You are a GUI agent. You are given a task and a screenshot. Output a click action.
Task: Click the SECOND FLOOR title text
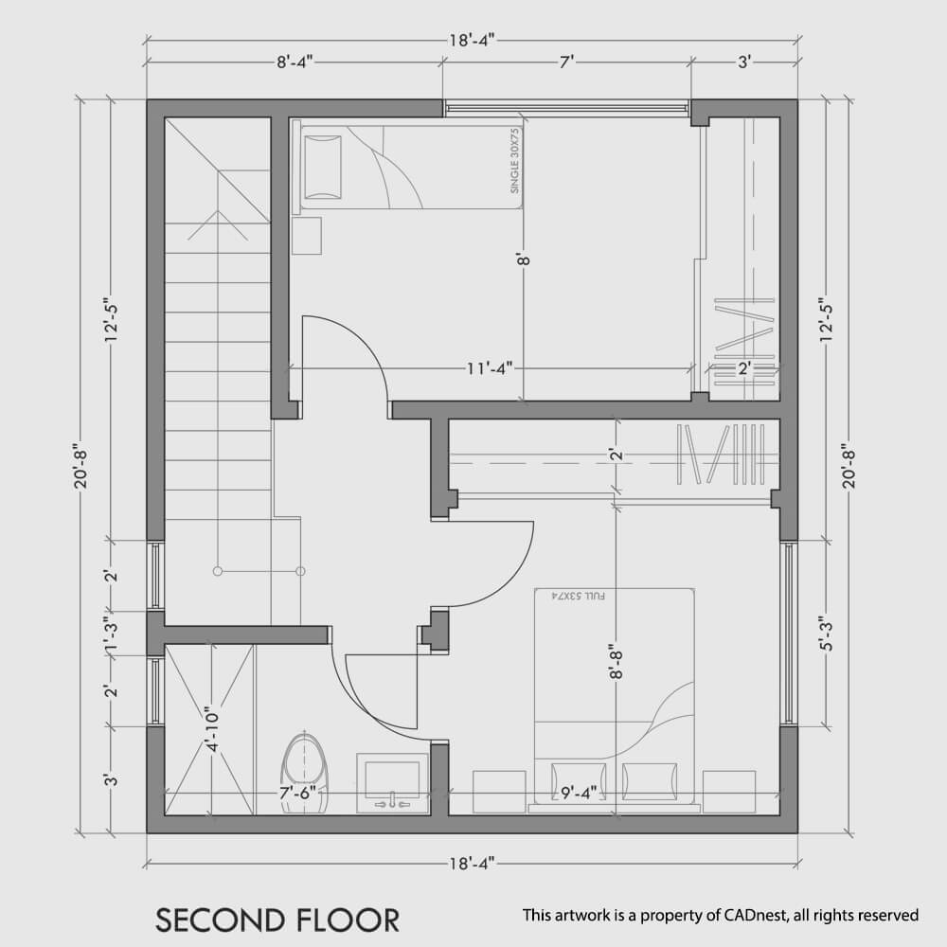click(277, 920)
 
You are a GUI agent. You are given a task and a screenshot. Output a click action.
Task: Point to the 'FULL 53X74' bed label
click(578, 597)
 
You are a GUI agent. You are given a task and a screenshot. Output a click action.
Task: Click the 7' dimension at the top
click(566, 62)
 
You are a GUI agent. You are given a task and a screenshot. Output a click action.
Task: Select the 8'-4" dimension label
click(295, 62)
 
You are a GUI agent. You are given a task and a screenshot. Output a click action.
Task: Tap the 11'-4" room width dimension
click(490, 367)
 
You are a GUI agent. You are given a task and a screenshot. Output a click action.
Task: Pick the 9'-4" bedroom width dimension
click(579, 792)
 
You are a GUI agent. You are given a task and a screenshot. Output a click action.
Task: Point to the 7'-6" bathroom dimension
click(298, 792)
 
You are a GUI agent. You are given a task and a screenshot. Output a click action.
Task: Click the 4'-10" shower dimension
click(212, 729)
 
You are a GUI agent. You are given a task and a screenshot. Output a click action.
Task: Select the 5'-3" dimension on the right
click(826, 633)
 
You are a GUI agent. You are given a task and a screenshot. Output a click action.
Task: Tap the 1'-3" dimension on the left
click(111, 635)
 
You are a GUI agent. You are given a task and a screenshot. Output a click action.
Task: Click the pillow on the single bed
click(323, 167)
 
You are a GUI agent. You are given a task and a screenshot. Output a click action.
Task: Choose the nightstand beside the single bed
click(306, 236)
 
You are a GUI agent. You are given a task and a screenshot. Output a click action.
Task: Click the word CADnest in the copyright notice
click(757, 915)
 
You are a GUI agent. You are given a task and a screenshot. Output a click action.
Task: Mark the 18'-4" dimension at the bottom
click(472, 863)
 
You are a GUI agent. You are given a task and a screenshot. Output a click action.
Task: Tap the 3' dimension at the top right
click(744, 62)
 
